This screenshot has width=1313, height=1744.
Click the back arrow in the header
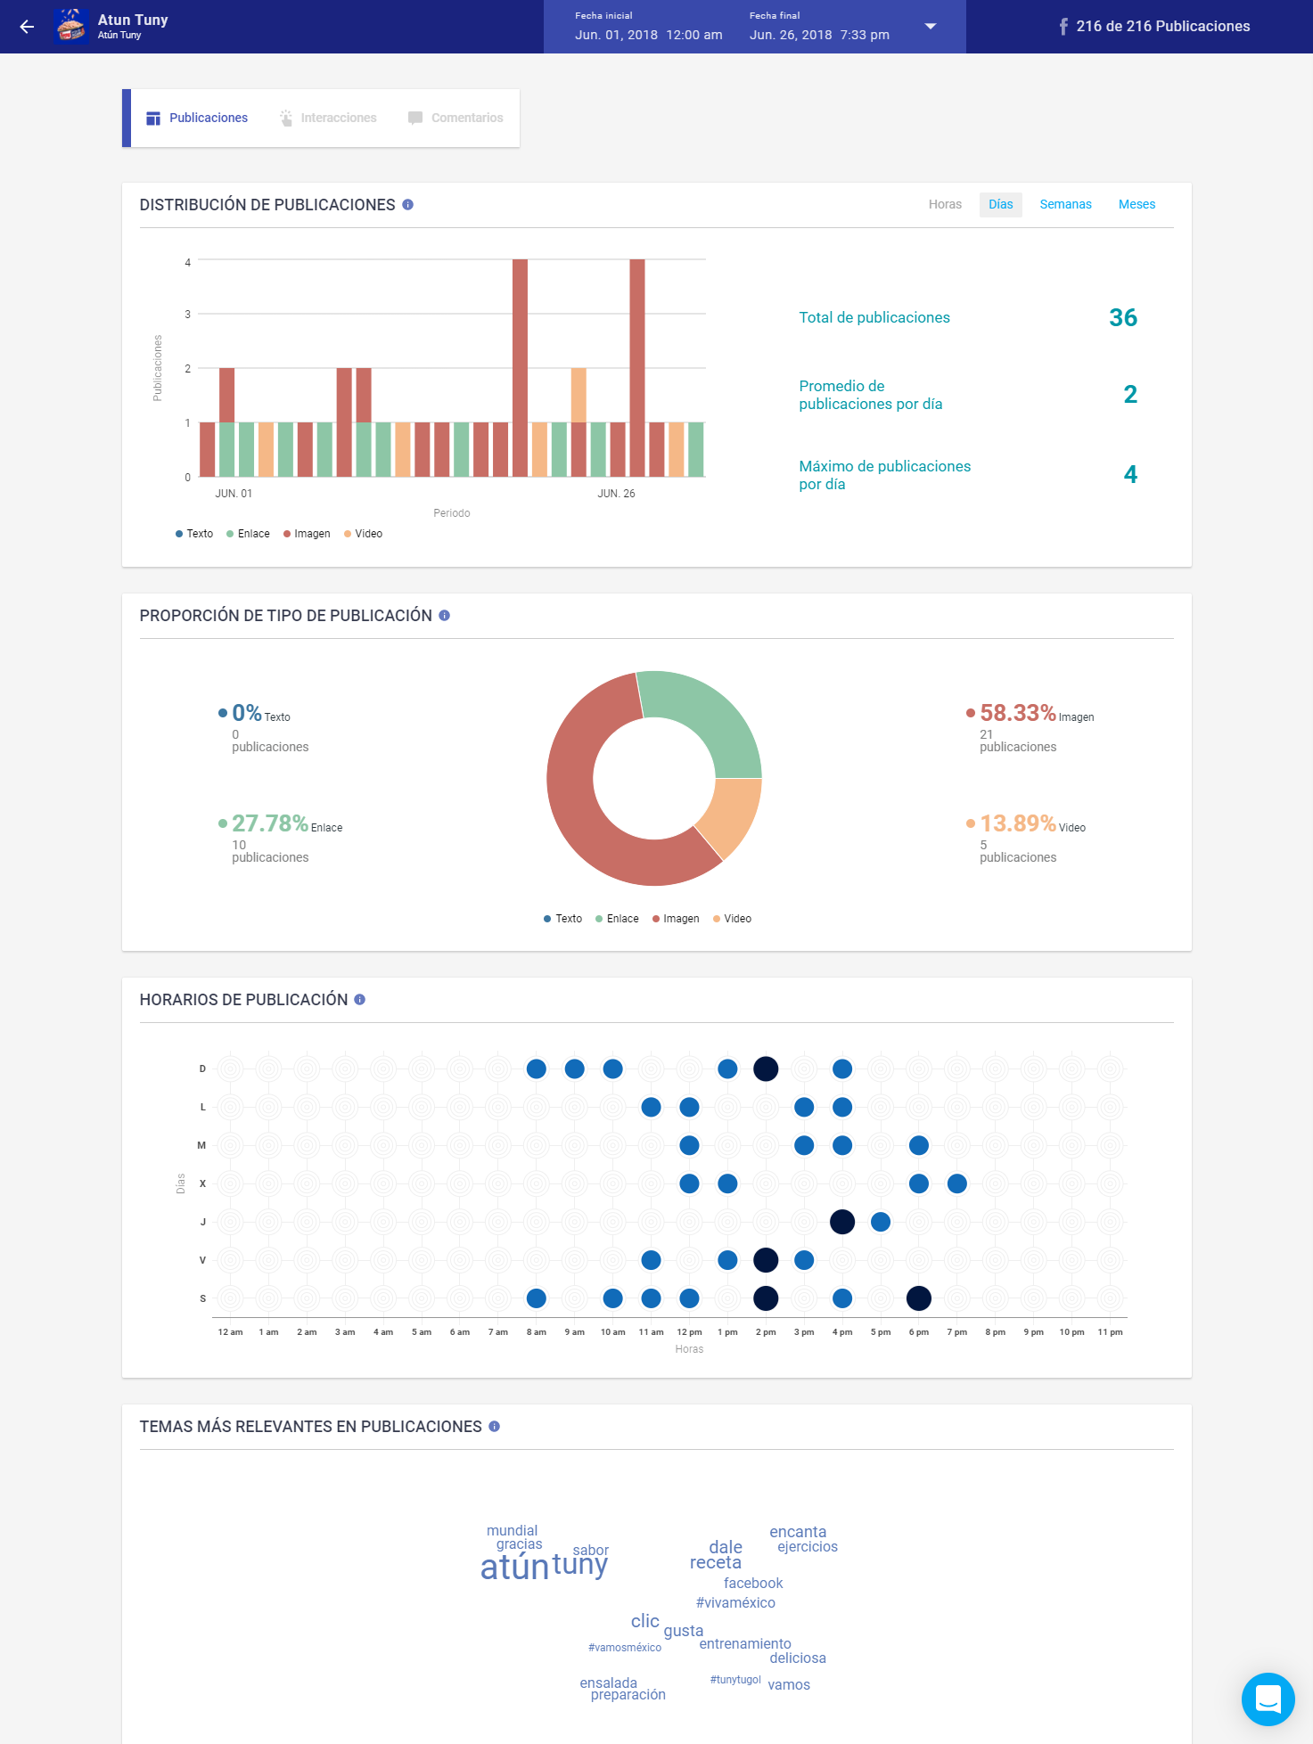(x=27, y=27)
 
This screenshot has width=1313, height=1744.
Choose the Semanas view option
(x=1065, y=204)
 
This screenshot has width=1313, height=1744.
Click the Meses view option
(x=1137, y=204)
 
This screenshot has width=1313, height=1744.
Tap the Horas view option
(x=945, y=204)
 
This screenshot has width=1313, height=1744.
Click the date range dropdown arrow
(x=930, y=27)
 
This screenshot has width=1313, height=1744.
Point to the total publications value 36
(x=1122, y=317)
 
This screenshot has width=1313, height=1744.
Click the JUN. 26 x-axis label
(x=616, y=494)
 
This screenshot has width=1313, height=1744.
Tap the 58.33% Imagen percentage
(x=1017, y=713)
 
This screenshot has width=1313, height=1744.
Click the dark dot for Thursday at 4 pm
(x=841, y=1222)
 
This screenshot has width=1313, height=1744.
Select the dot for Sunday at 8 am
(x=536, y=1069)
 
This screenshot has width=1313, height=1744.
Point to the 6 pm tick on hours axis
(x=918, y=1332)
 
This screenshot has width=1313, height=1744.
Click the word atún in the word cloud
(x=514, y=1568)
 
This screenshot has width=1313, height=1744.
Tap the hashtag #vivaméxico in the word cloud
(x=735, y=1602)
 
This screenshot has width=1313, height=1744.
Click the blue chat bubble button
(x=1268, y=1699)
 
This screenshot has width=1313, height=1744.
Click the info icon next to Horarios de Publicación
(x=360, y=1000)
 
